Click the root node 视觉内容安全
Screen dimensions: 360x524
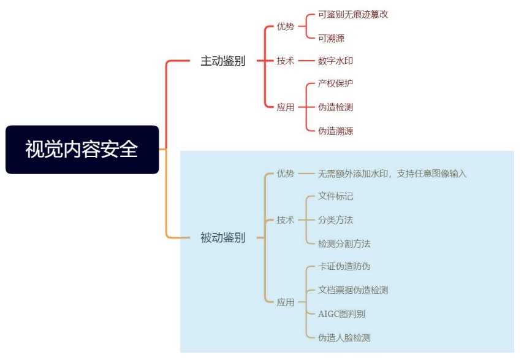coord(82,150)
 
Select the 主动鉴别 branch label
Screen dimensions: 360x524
coord(222,61)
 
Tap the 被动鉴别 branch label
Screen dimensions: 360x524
coord(222,237)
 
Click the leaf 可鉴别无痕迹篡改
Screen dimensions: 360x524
coord(353,14)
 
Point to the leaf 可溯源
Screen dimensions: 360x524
coord(331,38)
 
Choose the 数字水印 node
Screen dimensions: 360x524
coord(335,61)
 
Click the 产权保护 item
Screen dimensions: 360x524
coord(335,83)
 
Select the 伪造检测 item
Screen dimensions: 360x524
coord(335,107)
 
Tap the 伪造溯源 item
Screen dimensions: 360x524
coord(335,131)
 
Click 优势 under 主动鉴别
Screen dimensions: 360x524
coord(285,26)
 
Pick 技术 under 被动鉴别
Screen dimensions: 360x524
coord(285,220)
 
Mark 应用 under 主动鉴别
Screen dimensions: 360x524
coord(285,107)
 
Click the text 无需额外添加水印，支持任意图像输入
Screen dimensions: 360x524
coord(392,174)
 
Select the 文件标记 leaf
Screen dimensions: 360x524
coord(335,196)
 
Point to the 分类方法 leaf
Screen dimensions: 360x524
coord(335,220)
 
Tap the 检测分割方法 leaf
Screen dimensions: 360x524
coord(344,243)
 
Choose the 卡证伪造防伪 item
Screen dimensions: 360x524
coord(344,266)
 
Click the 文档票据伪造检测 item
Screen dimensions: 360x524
coord(352,290)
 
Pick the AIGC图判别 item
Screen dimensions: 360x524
coord(341,314)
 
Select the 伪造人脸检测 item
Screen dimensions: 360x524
coord(344,337)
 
